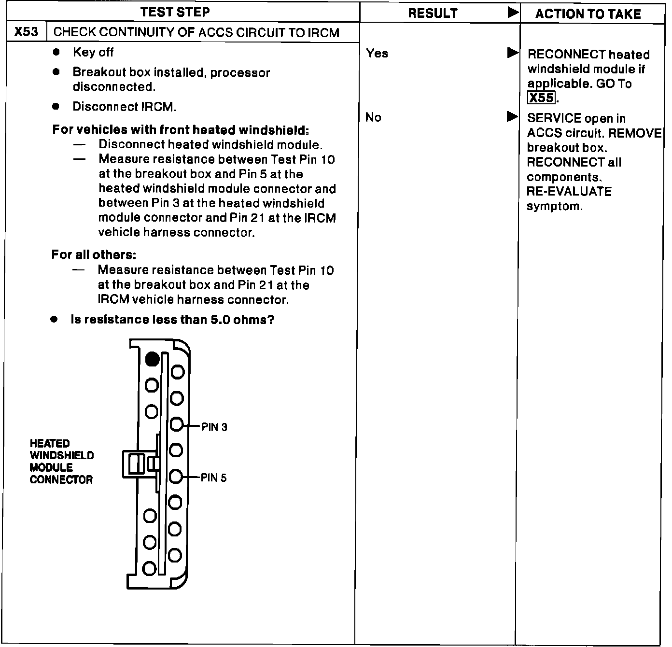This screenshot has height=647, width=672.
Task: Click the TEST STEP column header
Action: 175,13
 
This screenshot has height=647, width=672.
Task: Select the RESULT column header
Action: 433,14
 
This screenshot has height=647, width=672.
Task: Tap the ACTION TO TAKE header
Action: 588,14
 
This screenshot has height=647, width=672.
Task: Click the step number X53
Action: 26,32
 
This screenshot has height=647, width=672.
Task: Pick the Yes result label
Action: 377,54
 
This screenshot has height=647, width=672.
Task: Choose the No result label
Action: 373,117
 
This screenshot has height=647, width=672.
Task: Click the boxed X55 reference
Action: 541,98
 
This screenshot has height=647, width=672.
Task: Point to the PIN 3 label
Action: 214,427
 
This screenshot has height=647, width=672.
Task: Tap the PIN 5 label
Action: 213,478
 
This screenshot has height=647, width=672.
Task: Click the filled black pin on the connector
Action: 152,359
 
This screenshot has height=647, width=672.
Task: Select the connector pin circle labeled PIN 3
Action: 177,424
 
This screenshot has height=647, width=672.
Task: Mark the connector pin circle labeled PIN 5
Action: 176,477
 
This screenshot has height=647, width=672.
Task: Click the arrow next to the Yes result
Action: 513,53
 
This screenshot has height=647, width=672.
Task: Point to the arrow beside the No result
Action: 512,117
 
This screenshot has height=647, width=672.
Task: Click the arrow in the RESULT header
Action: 513,13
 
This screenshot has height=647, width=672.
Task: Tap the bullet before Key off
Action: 56,52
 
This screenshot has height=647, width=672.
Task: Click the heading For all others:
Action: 94,255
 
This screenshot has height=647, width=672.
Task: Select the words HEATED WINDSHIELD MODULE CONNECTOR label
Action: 61,461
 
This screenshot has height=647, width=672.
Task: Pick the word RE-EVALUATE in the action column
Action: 569,192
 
